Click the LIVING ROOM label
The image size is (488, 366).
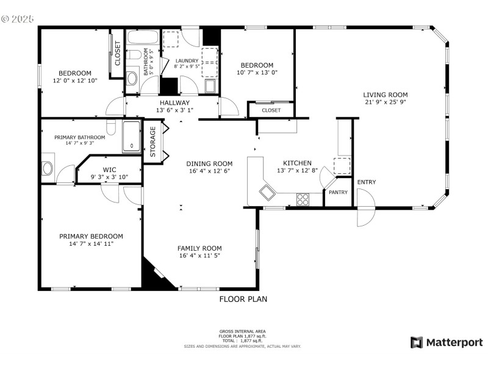click(x=386, y=95)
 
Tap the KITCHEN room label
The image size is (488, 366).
click(x=297, y=163)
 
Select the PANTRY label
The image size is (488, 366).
click(x=338, y=193)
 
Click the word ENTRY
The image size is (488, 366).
click(x=367, y=182)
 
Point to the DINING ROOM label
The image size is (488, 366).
click(x=209, y=163)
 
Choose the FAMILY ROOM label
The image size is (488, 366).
click(x=199, y=248)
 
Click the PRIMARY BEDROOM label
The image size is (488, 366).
click(x=91, y=236)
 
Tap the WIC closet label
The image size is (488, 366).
click(x=109, y=170)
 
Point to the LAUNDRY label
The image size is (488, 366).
click(x=187, y=61)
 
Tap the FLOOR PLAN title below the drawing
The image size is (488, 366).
click(x=243, y=300)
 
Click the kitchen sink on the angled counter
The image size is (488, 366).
click(x=267, y=193)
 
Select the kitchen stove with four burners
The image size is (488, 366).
click(x=303, y=198)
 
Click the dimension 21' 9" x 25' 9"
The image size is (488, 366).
click(x=386, y=103)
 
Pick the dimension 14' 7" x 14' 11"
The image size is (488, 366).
click(x=91, y=244)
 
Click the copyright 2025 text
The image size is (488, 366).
click(x=18, y=19)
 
